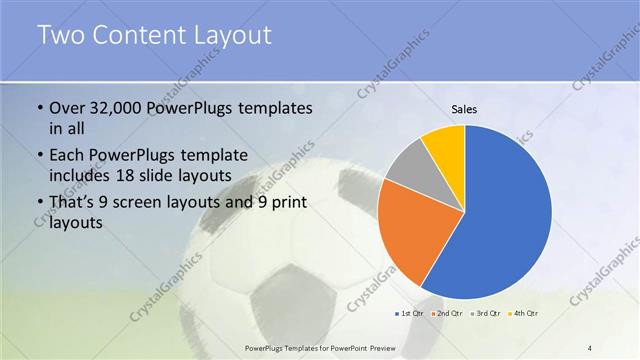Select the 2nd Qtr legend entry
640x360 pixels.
point(446,314)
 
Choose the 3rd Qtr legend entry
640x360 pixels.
point(484,314)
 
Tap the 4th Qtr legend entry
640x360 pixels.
point(522,314)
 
